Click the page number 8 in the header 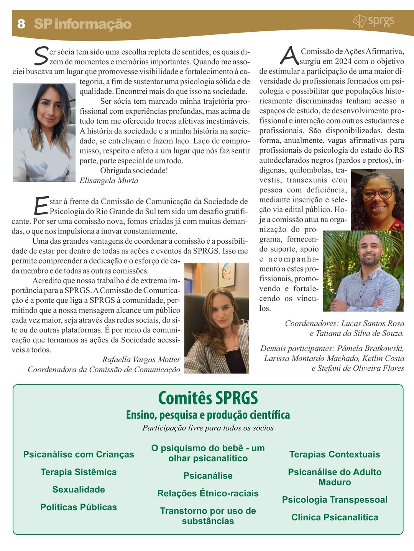point(21,24)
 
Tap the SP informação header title point(83,24)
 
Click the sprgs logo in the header point(373,21)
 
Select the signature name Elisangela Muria point(109,181)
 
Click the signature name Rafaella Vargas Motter point(141,360)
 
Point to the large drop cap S point(41,56)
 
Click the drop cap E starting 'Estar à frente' point(41,205)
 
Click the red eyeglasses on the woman point(377,193)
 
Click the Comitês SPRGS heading point(208,398)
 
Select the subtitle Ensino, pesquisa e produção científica point(208,415)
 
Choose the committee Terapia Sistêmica point(79,472)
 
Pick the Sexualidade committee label point(79,490)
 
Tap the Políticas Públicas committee point(79,507)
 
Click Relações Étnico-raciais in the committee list point(208,494)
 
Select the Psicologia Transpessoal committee point(335,500)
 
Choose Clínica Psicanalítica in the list point(335,517)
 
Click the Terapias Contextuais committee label point(335,455)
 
